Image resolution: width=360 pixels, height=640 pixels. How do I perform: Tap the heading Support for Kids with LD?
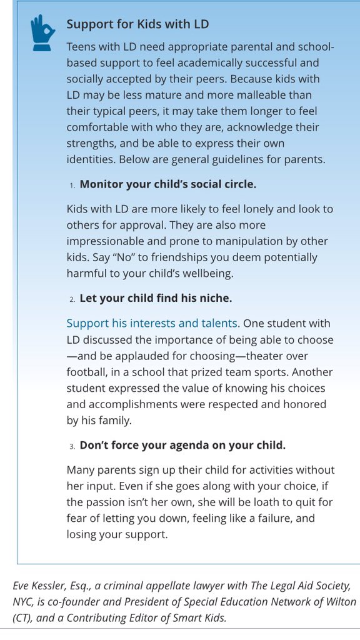click(x=137, y=24)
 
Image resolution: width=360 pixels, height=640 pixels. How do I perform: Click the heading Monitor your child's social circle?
click(x=168, y=184)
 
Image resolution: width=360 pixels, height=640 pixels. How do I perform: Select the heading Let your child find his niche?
click(x=160, y=298)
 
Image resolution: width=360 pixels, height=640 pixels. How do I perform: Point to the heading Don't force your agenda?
click(x=182, y=445)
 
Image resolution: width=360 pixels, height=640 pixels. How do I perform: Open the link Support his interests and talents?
click(x=152, y=323)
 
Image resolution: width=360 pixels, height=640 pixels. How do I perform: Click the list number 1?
click(x=72, y=185)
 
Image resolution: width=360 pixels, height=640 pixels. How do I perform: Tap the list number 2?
click(x=72, y=299)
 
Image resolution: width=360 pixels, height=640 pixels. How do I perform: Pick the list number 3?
click(x=72, y=446)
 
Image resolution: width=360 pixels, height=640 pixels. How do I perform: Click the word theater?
click(x=264, y=356)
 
